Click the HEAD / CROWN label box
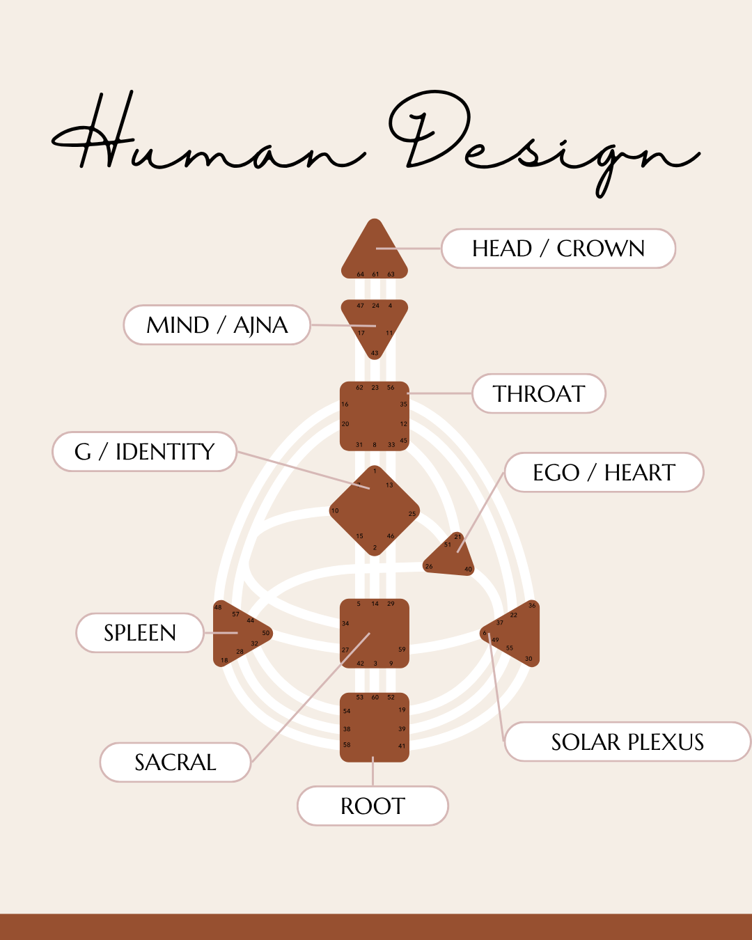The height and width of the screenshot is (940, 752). click(x=558, y=249)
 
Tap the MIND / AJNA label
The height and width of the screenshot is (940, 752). click(x=217, y=325)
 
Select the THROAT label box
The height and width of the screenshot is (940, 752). click(x=539, y=394)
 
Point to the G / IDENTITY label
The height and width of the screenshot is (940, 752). click(x=145, y=452)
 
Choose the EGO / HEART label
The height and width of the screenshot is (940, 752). click(x=604, y=473)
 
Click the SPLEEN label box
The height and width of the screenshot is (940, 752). click(x=140, y=633)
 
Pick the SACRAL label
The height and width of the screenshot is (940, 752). click(x=175, y=762)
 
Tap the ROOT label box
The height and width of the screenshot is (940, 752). click(x=373, y=806)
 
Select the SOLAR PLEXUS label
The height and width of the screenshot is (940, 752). click(x=627, y=742)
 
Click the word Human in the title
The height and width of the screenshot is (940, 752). click(x=209, y=139)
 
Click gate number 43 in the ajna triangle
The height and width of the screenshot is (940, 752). click(x=375, y=353)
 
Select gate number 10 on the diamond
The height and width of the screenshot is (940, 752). click(x=335, y=511)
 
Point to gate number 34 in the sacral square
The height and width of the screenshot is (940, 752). click(x=345, y=624)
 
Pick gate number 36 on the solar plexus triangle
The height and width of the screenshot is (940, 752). click(x=532, y=606)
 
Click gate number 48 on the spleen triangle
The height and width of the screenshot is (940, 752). click(x=218, y=608)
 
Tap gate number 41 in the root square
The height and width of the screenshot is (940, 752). click(x=402, y=746)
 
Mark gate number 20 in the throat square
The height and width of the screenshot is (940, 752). click(x=345, y=424)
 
